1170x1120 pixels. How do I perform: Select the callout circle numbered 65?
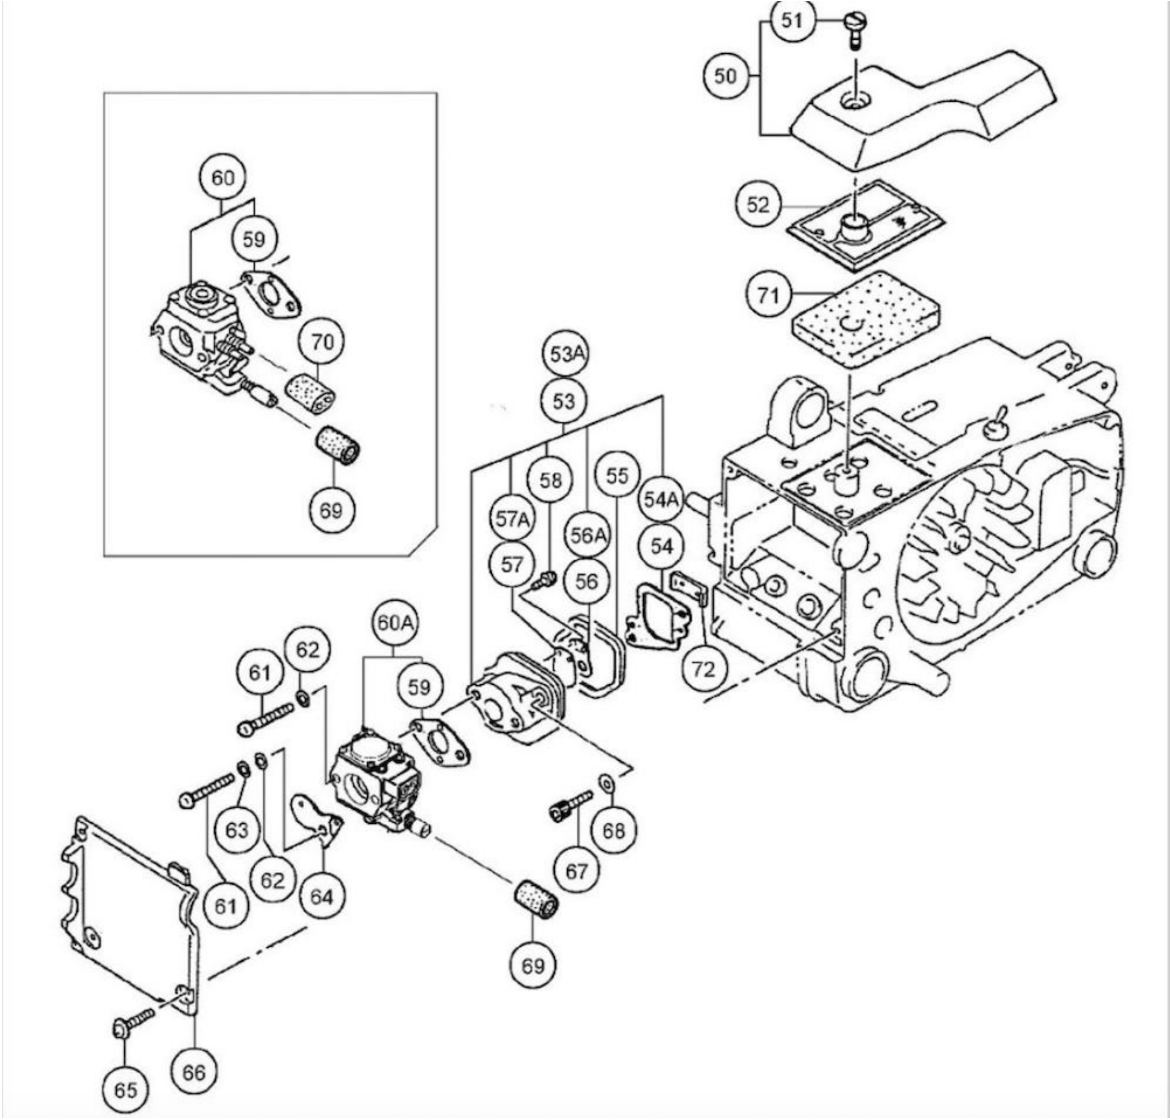click(125, 1090)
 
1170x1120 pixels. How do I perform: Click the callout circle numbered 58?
click(551, 480)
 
